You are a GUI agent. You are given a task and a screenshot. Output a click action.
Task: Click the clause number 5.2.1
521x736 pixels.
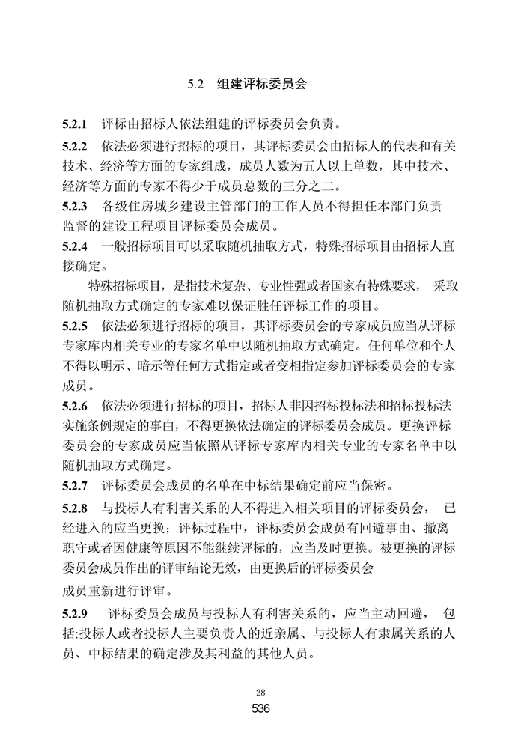point(75,123)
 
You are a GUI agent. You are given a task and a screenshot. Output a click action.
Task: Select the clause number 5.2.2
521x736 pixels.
point(75,145)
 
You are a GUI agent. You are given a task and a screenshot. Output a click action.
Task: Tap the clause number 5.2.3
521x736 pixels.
point(75,206)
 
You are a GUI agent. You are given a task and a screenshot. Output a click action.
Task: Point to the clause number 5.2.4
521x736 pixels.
point(75,246)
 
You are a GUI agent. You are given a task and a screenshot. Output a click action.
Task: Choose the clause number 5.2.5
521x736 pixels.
point(75,326)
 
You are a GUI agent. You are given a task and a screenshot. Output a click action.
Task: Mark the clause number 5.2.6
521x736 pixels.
point(75,407)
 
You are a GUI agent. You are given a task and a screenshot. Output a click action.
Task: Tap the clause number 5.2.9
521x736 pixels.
point(75,615)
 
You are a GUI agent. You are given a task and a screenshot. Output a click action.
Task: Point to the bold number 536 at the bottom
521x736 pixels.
point(260,708)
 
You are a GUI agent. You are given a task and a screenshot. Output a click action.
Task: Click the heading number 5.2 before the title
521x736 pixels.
point(196,85)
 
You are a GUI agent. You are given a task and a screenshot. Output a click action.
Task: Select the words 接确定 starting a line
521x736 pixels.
point(82,266)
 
